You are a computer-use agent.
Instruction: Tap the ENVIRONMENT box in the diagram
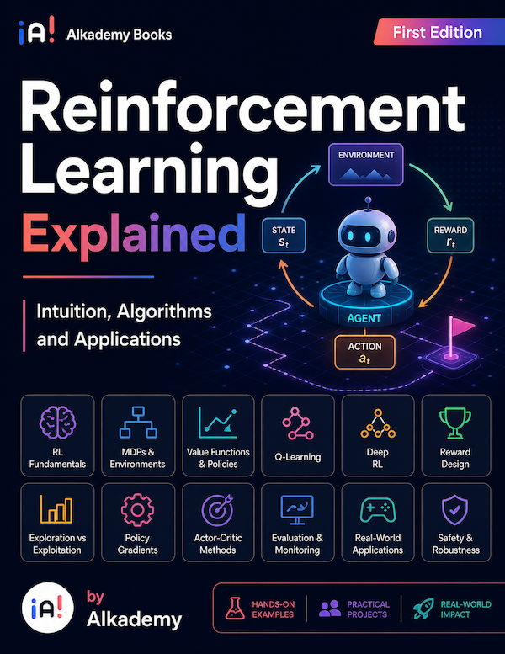click(x=366, y=164)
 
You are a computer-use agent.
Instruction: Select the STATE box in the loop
click(x=284, y=236)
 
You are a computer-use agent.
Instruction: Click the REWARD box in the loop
click(x=450, y=236)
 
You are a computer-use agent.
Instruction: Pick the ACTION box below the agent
click(x=364, y=353)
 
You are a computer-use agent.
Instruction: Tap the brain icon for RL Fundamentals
click(x=57, y=423)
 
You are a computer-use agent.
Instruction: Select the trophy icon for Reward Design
click(x=455, y=423)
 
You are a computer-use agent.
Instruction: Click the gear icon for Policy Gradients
click(x=137, y=510)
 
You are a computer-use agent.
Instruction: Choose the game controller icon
click(x=378, y=510)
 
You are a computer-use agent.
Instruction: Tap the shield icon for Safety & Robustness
click(x=455, y=510)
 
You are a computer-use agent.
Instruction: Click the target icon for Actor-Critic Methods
click(x=217, y=510)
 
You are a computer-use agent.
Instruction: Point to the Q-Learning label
click(x=298, y=457)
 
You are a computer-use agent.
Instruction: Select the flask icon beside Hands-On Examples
click(x=235, y=609)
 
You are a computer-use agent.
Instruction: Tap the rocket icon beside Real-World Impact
click(x=423, y=609)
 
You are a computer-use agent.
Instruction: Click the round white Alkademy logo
click(x=47, y=608)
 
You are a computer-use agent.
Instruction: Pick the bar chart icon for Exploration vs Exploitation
click(x=56, y=509)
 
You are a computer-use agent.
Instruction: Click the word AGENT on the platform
click(x=364, y=318)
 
